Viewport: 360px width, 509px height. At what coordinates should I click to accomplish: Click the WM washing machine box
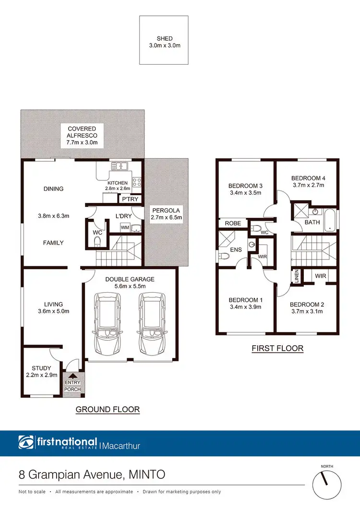125,227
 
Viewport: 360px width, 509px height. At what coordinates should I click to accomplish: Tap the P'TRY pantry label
130,199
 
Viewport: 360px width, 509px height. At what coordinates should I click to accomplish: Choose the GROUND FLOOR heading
108,410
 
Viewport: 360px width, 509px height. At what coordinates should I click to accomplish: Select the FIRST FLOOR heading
277,348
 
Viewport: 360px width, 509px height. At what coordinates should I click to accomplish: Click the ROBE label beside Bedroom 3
232,223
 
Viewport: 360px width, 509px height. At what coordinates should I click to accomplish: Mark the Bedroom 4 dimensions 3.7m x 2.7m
308,185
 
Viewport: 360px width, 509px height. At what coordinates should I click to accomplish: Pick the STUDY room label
41,368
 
